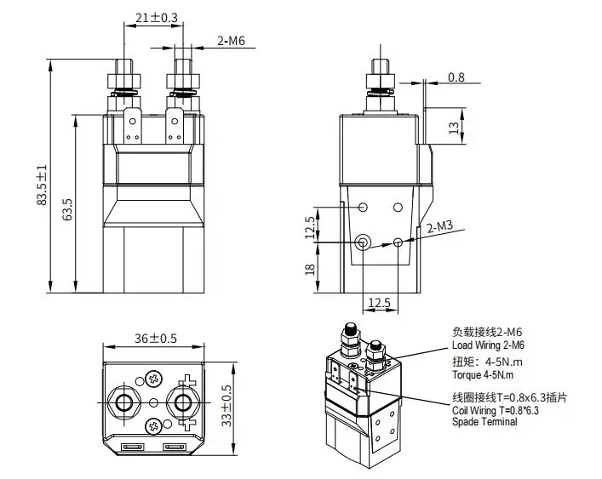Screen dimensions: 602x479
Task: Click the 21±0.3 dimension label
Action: [157, 18]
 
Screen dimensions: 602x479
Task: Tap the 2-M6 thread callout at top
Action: [231, 41]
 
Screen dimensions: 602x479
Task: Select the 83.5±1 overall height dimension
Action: [42, 185]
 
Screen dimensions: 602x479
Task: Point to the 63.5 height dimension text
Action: [67, 209]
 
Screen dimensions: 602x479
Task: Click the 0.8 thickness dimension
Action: [456, 77]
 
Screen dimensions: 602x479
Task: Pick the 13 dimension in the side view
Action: [454, 128]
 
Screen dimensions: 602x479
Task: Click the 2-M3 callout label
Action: [440, 226]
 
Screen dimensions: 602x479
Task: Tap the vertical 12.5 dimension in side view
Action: [310, 227]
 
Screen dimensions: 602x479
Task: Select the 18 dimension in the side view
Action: [310, 269]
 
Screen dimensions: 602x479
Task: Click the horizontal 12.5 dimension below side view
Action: [379, 303]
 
